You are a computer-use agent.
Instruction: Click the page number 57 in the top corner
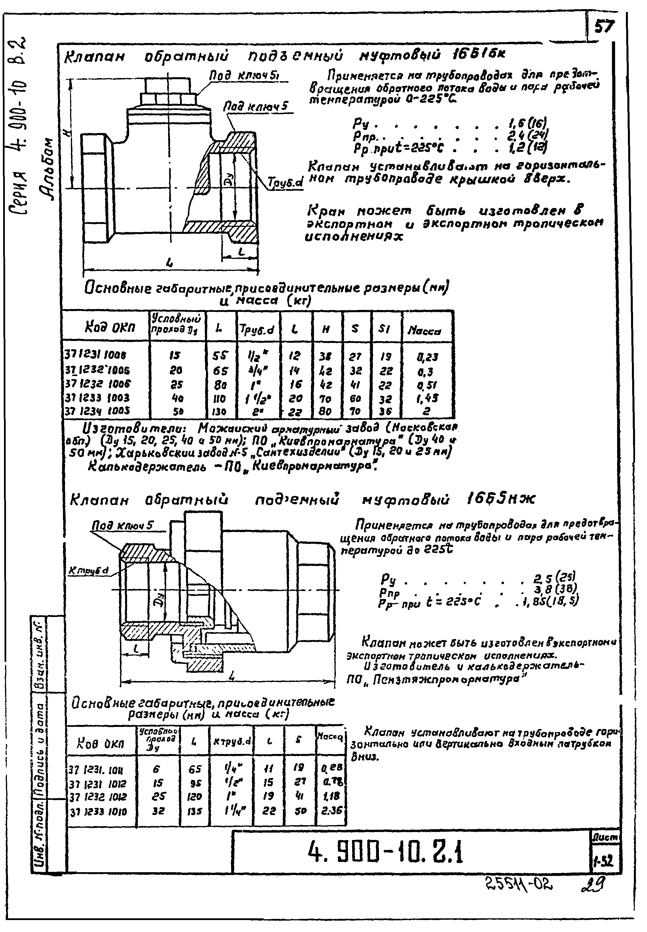coord(605,27)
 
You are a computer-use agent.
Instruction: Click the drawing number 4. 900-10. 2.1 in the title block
coord(385,852)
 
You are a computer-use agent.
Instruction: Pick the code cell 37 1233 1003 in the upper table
coord(97,398)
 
